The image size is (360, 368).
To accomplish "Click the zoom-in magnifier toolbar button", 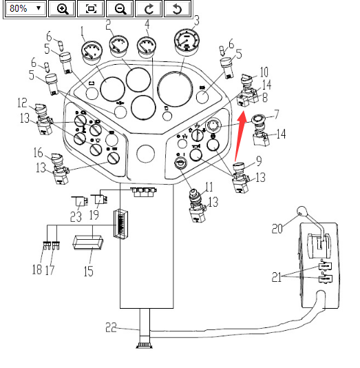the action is [62, 9].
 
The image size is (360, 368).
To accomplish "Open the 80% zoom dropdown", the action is [25, 9].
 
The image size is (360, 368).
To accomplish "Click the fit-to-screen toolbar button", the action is [91, 9].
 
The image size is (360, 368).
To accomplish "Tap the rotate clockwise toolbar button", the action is [149, 9].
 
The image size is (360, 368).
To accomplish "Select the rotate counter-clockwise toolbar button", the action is [178, 9].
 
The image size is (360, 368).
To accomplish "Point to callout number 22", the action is [111, 327].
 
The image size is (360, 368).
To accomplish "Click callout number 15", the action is [88, 271].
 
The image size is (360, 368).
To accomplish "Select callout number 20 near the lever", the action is [277, 228].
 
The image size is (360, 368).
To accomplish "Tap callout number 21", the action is [277, 277].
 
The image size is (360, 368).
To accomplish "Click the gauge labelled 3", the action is [187, 42].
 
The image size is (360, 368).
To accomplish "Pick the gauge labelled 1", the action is [91, 53].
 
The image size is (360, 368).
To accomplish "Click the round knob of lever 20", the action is [301, 211].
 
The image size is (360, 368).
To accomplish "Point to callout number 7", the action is [277, 114].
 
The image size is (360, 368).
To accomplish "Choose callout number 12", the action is [22, 103].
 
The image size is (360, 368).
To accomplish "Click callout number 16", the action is [38, 152].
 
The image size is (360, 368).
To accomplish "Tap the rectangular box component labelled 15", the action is [88, 243].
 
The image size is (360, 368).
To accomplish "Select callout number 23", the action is [76, 216].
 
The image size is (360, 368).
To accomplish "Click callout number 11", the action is [209, 187].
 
